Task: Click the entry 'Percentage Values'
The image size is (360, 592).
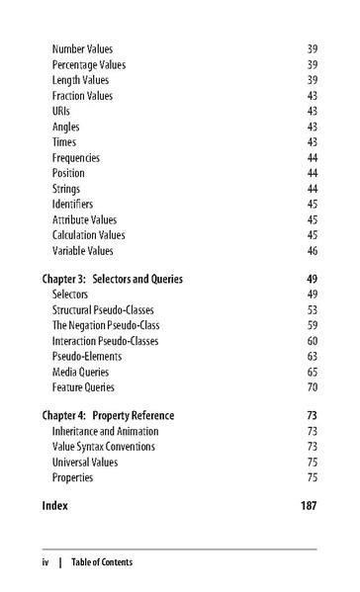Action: click(x=89, y=64)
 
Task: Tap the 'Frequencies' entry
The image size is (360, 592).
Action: click(x=76, y=158)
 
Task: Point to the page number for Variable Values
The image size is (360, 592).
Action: click(x=312, y=251)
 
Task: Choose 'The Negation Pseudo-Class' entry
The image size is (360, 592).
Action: click(x=106, y=325)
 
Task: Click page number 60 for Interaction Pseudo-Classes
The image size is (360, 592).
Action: click(x=312, y=341)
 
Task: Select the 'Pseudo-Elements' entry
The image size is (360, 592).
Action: click(x=87, y=357)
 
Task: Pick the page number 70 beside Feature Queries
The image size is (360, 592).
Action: click(x=312, y=387)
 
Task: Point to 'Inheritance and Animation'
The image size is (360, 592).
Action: click(x=105, y=431)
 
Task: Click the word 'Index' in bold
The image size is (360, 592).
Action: click(x=55, y=505)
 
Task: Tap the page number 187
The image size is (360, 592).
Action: click(x=309, y=505)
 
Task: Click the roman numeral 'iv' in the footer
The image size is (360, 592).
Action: click(x=45, y=562)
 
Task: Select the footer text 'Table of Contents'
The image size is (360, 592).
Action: click(x=101, y=562)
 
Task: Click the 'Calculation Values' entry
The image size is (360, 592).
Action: click(x=89, y=235)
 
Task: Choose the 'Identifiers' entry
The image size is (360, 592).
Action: click(x=72, y=205)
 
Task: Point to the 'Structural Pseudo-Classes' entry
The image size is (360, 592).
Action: click(x=104, y=310)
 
